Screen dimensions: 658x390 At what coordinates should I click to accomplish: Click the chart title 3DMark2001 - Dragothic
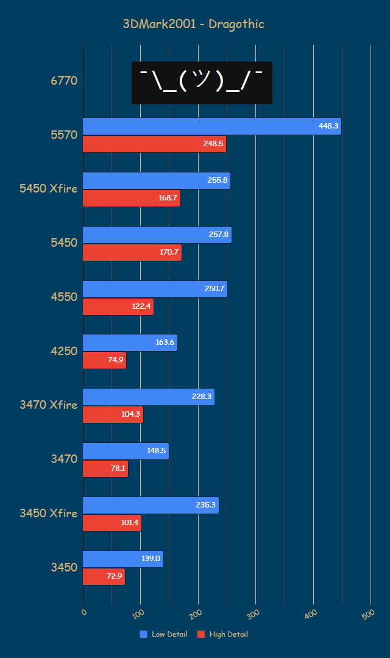click(193, 24)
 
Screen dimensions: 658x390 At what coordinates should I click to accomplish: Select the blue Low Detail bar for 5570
click(211, 126)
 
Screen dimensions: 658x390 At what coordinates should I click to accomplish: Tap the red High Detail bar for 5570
click(154, 144)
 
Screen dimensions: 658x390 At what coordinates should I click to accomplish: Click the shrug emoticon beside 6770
click(202, 82)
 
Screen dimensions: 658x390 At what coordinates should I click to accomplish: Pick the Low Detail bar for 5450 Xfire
click(156, 180)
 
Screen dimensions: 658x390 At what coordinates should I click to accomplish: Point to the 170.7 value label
click(169, 253)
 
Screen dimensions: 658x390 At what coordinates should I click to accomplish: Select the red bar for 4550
click(118, 306)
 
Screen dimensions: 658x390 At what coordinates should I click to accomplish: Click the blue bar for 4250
click(130, 342)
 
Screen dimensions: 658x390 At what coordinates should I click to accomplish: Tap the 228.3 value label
click(202, 397)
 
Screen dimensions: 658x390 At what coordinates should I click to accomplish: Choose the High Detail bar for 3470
click(105, 469)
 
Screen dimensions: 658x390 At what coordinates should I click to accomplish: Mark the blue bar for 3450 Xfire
click(151, 505)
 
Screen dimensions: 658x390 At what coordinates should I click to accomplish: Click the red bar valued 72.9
click(104, 576)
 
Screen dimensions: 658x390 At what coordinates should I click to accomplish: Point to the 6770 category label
click(64, 80)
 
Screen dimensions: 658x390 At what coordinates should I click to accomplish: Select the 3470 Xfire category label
click(49, 404)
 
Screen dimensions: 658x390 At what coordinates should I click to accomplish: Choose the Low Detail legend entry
click(163, 634)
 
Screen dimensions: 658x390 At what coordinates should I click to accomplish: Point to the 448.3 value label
click(328, 126)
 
